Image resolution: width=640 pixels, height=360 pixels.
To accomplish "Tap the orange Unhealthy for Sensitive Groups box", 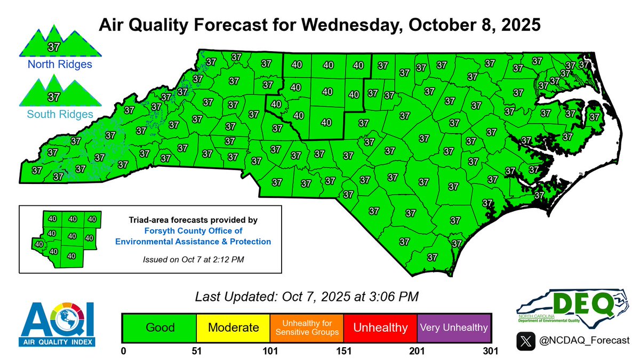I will pyautogui.click(x=307, y=327).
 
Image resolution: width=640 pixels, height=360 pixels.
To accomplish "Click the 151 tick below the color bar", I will pyautogui.click(x=343, y=351).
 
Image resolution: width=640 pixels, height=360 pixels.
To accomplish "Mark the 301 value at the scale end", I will pyautogui.click(x=490, y=351).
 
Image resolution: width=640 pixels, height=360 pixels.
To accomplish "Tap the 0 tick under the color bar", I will pyautogui.click(x=123, y=351).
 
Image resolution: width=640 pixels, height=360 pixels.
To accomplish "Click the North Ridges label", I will pyautogui.click(x=53, y=65).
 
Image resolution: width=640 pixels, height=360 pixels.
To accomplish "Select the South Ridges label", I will pyautogui.click(x=52, y=114).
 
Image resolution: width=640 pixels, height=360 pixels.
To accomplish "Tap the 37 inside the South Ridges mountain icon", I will pyautogui.click(x=53, y=97).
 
